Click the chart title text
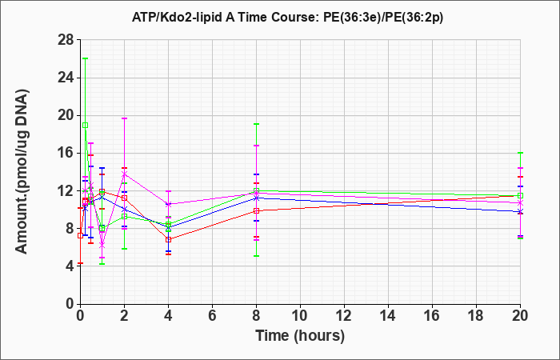(287, 17)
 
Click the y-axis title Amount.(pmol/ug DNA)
(22, 172)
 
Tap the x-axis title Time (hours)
(300, 336)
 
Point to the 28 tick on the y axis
(66, 40)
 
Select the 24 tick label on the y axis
(66, 78)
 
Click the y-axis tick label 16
(66, 154)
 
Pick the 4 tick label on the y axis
(70, 266)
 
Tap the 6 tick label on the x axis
(212, 316)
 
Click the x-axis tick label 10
(300, 316)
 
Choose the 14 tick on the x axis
(388, 316)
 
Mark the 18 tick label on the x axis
(476, 316)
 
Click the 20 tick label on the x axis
(520, 316)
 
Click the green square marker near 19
(85, 126)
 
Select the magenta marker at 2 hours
(124, 174)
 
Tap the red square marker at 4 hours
(168, 240)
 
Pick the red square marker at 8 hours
(257, 210)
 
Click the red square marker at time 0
(80, 236)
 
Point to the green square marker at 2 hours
(124, 217)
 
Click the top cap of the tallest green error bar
(85, 58)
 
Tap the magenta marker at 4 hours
(168, 204)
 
